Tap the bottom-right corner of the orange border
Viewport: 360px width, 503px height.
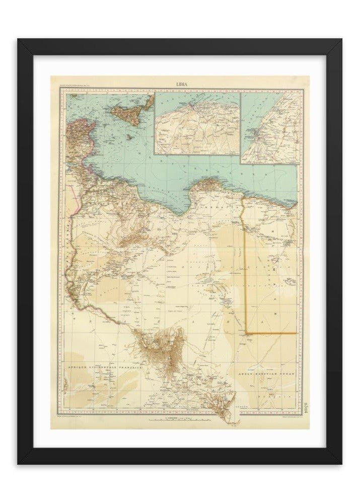click(296, 333)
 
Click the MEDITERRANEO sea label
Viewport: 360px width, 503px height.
click(222, 161)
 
